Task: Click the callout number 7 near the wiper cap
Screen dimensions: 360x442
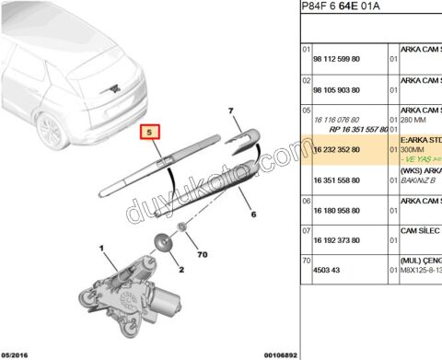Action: pos(231,110)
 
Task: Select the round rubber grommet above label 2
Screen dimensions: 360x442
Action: pos(162,243)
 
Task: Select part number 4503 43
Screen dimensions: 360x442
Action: pos(326,271)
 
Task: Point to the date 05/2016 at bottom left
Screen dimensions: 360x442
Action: pos(17,354)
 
